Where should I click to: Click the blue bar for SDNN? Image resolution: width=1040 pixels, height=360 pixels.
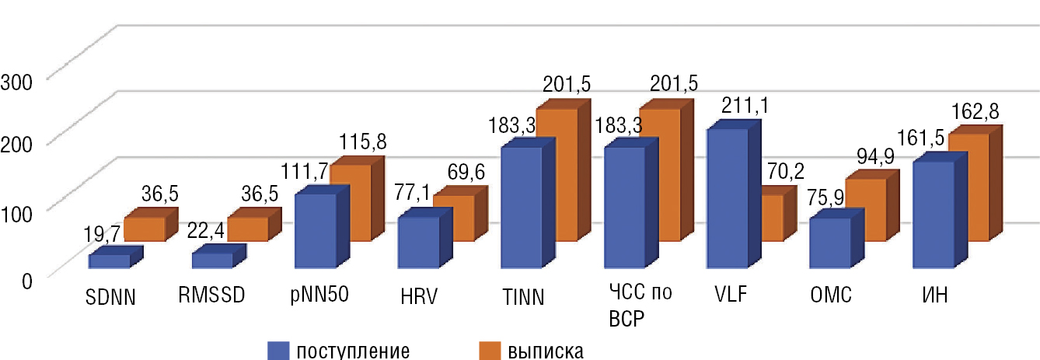(x=110, y=261)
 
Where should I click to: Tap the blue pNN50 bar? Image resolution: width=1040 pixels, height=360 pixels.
(x=315, y=231)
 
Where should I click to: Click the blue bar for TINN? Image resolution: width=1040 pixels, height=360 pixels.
(x=522, y=208)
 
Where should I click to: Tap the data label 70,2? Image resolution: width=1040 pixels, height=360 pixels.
(x=785, y=170)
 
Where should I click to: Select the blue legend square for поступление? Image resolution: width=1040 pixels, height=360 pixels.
(x=277, y=351)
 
